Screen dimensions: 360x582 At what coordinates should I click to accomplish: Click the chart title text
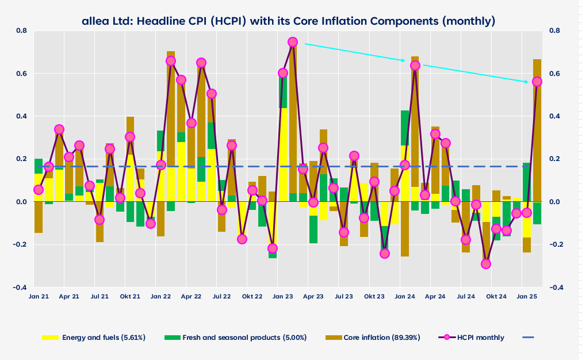click(x=288, y=21)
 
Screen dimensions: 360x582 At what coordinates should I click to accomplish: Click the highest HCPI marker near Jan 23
click(x=293, y=42)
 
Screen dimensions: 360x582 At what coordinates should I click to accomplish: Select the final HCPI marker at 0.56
click(x=537, y=82)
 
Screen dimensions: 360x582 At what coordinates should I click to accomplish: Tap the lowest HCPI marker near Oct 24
click(x=486, y=264)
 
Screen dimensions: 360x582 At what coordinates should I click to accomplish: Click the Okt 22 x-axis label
click(x=252, y=296)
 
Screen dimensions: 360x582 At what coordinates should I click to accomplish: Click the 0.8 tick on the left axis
click(x=22, y=30)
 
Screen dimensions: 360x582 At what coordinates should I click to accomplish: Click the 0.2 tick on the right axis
click(x=556, y=159)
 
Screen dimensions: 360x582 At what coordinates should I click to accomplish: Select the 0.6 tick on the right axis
click(x=556, y=74)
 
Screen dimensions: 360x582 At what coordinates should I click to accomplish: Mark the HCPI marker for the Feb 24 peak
click(x=415, y=66)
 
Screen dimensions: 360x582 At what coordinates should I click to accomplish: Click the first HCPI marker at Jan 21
click(x=39, y=190)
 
